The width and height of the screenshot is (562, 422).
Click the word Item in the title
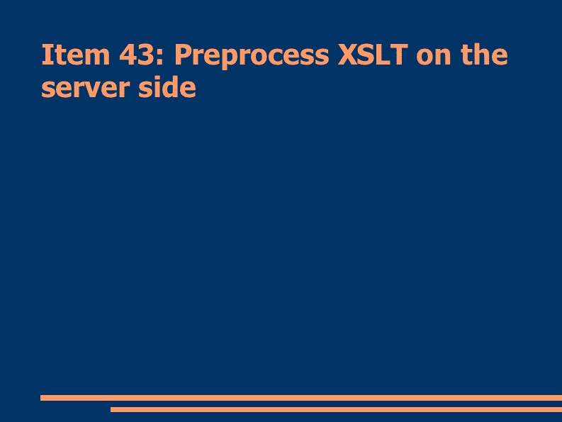76,55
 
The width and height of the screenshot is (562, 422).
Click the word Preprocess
252,56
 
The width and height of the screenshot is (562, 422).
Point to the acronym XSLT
373,55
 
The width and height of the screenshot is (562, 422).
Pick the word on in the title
433,57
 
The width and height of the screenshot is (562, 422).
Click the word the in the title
484,54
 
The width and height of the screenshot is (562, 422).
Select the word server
85,88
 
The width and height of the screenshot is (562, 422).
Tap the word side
167,87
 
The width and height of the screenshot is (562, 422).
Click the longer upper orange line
301,398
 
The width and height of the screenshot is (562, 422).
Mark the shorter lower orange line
336,409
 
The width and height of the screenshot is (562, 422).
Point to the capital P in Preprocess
184,55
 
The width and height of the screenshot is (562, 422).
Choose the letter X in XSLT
349,55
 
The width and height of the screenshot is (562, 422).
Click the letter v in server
102,89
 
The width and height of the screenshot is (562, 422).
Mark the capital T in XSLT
398,55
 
